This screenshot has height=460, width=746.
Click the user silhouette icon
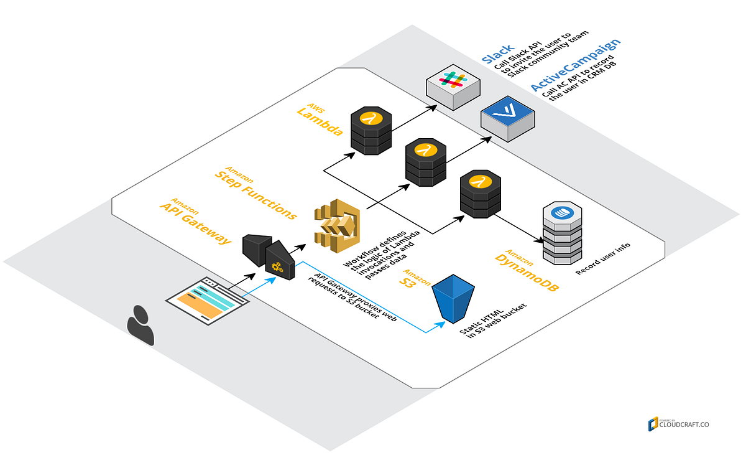click(x=140, y=325)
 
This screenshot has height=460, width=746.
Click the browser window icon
click(x=208, y=301)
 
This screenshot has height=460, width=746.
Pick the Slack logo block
click(x=453, y=87)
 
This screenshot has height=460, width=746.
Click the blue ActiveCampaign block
click(x=507, y=118)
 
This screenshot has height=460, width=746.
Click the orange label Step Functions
click(x=255, y=192)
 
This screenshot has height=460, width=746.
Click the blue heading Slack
click(x=497, y=54)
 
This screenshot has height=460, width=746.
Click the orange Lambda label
click(x=319, y=121)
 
